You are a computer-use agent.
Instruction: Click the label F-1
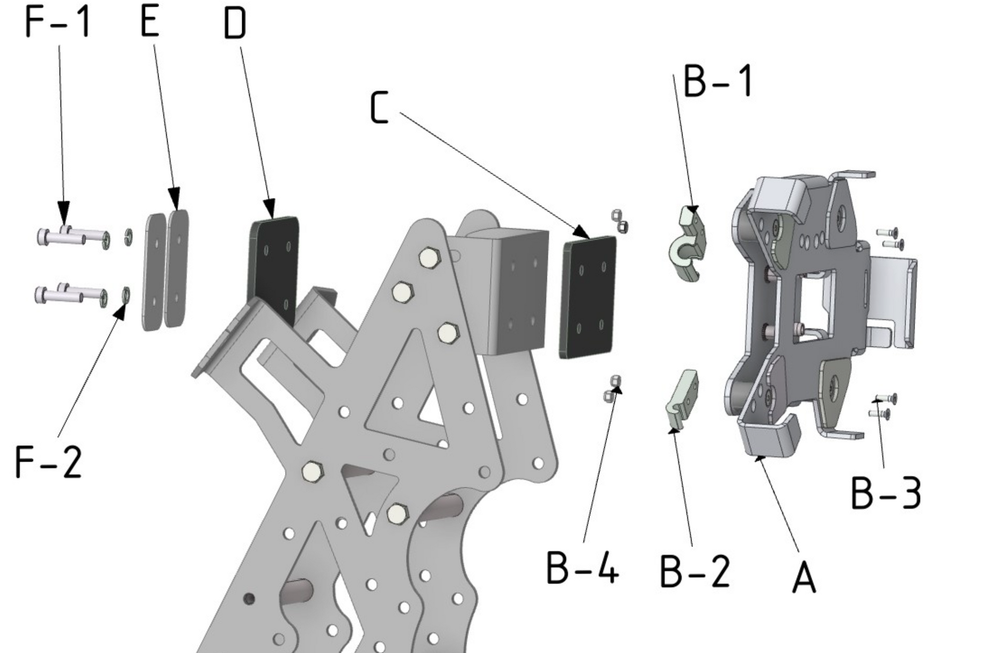point(58,22)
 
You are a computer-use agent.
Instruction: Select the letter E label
point(150,22)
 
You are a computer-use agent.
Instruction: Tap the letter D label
point(235,24)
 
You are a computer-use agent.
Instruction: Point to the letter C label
point(379,107)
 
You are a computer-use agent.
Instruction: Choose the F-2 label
point(48,462)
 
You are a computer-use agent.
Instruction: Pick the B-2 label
point(694,571)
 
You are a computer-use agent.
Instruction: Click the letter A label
point(804,578)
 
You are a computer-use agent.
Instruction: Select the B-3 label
point(886,493)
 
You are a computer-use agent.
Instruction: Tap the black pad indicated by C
point(588,298)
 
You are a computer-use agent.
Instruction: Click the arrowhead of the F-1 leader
point(64,211)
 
